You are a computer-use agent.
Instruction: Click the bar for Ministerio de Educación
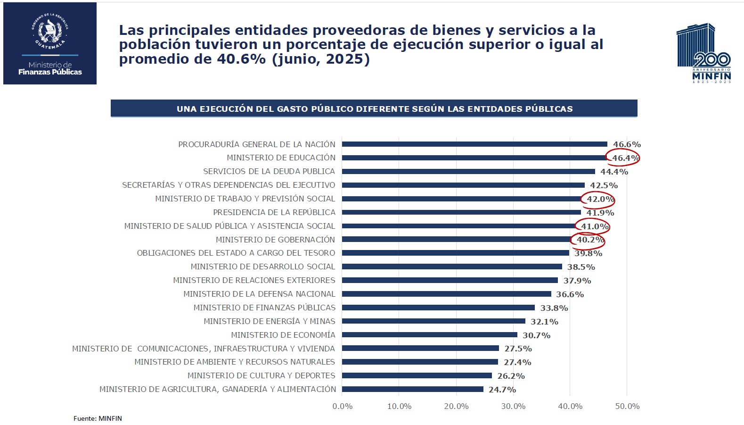click(474, 158)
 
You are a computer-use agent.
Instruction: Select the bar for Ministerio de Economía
click(429, 335)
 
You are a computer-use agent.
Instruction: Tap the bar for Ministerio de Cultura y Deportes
click(417, 376)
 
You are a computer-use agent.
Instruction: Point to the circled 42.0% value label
click(600, 199)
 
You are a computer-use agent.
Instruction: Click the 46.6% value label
click(626, 144)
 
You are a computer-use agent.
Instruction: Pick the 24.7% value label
click(502, 390)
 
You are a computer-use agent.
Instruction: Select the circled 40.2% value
click(589, 240)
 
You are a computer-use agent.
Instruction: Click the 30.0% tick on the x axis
click(513, 406)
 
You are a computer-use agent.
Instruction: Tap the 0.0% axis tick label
click(343, 406)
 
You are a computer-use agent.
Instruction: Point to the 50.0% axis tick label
click(627, 406)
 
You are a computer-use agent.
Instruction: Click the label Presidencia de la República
click(274, 212)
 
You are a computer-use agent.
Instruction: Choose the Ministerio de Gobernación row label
click(275, 240)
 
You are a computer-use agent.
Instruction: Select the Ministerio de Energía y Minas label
click(269, 321)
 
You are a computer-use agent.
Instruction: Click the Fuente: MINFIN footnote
click(98, 418)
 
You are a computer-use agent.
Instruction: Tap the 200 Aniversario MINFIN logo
click(704, 53)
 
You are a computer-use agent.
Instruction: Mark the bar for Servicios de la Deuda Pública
click(468, 171)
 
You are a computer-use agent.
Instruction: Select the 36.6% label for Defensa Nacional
click(570, 294)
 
